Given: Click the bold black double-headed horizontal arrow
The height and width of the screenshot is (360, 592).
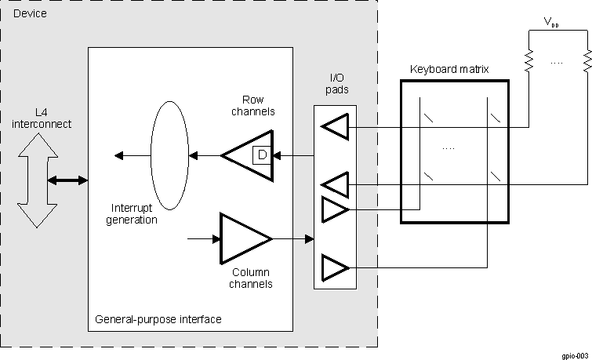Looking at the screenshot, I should click(68, 180).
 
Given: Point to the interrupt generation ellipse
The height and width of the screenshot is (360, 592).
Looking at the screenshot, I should click(169, 155).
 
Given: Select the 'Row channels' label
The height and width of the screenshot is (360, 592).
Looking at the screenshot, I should click(253, 106).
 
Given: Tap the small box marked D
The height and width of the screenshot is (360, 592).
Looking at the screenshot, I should click(262, 155).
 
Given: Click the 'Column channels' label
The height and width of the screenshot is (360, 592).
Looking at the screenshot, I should click(250, 278).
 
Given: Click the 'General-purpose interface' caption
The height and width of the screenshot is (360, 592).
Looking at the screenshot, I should click(158, 319).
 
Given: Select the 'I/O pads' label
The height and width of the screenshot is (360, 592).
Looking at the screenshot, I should click(336, 84).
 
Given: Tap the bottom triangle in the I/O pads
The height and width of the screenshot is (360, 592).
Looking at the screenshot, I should click(335, 268).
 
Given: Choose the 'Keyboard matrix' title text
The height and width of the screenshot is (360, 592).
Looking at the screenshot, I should click(449, 69).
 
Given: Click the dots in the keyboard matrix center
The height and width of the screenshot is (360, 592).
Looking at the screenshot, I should click(449, 147).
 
